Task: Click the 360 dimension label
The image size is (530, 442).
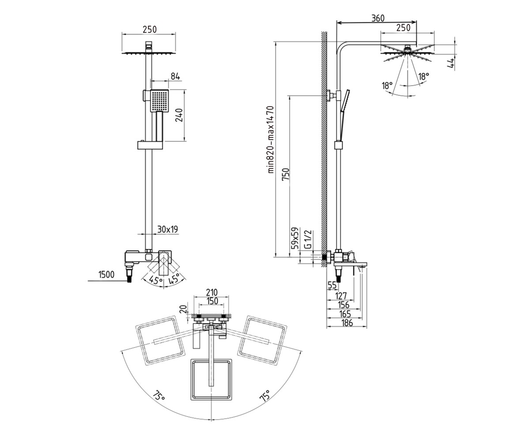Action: (378, 18)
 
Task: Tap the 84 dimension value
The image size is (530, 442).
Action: (175, 76)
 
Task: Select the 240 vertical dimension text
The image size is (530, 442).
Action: (179, 115)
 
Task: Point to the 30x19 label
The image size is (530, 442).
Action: (168, 229)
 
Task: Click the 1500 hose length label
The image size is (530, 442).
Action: (106, 274)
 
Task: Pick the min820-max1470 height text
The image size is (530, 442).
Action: (271, 140)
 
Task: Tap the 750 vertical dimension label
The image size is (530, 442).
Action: (286, 174)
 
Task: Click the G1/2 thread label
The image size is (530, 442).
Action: (308, 240)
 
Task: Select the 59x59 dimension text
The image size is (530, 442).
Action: (295, 238)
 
